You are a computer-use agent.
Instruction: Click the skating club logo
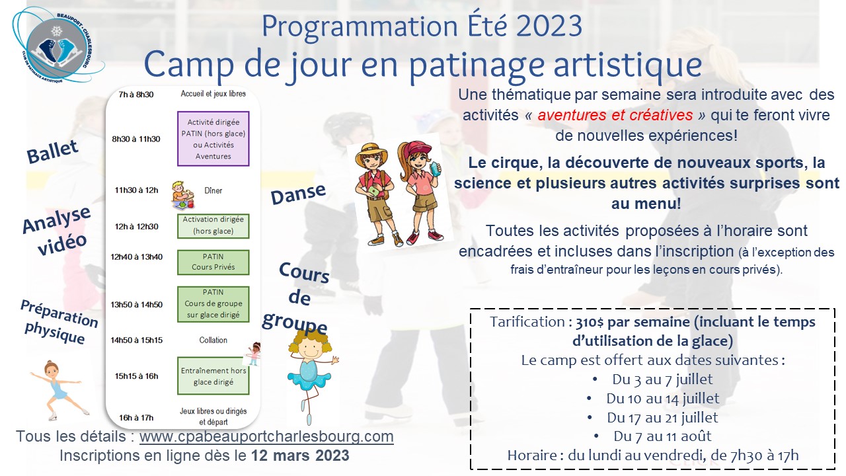point(58,46)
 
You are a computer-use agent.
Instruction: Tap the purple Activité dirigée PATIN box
point(213,139)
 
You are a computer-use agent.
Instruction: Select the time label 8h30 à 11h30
point(136,139)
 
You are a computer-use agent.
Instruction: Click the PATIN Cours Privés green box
point(213,262)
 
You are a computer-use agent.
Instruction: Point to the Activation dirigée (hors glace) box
point(213,226)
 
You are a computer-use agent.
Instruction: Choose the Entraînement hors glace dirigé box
point(213,376)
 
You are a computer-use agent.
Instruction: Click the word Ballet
point(52,151)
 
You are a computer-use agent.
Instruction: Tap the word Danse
point(298,194)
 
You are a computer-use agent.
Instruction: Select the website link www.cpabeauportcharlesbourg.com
point(266,436)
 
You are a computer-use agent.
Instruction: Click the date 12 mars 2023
point(300,456)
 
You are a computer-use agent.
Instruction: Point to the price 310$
point(590,322)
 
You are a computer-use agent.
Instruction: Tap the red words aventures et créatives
point(615,115)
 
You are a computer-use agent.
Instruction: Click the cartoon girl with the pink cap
point(419,192)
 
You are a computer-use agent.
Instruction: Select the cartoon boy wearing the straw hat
point(377,194)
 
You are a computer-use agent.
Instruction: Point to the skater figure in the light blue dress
point(59,390)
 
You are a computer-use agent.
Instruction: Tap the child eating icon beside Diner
point(183,195)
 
